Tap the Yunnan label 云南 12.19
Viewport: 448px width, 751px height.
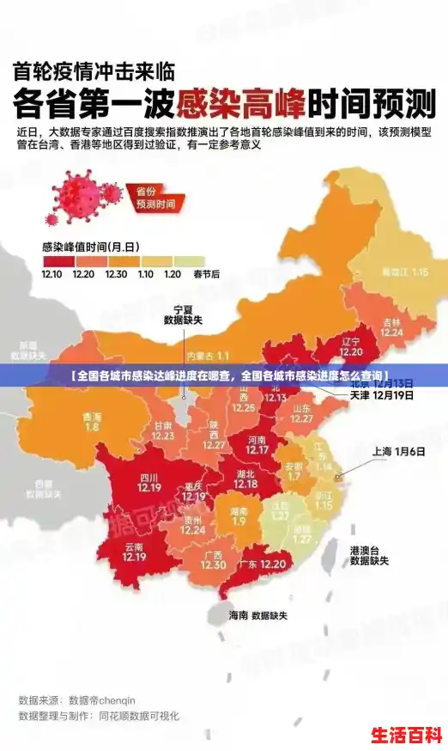point(134,551)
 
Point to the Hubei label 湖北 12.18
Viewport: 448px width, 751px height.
point(245,479)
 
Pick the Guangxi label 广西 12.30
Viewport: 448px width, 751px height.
point(214,559)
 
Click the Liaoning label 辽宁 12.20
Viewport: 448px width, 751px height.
point(351,346)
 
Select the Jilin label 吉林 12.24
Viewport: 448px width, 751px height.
point(391,327)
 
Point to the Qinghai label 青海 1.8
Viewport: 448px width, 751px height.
point(92,421)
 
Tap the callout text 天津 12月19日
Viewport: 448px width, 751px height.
point(381,396)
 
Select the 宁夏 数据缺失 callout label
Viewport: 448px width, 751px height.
point(183,314)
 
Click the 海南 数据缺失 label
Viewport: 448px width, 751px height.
point(257,615)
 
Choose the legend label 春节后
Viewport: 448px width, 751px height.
point(206,274)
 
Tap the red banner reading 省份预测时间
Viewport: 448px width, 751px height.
point(155,198)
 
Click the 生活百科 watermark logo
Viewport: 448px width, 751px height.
point(405,736)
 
